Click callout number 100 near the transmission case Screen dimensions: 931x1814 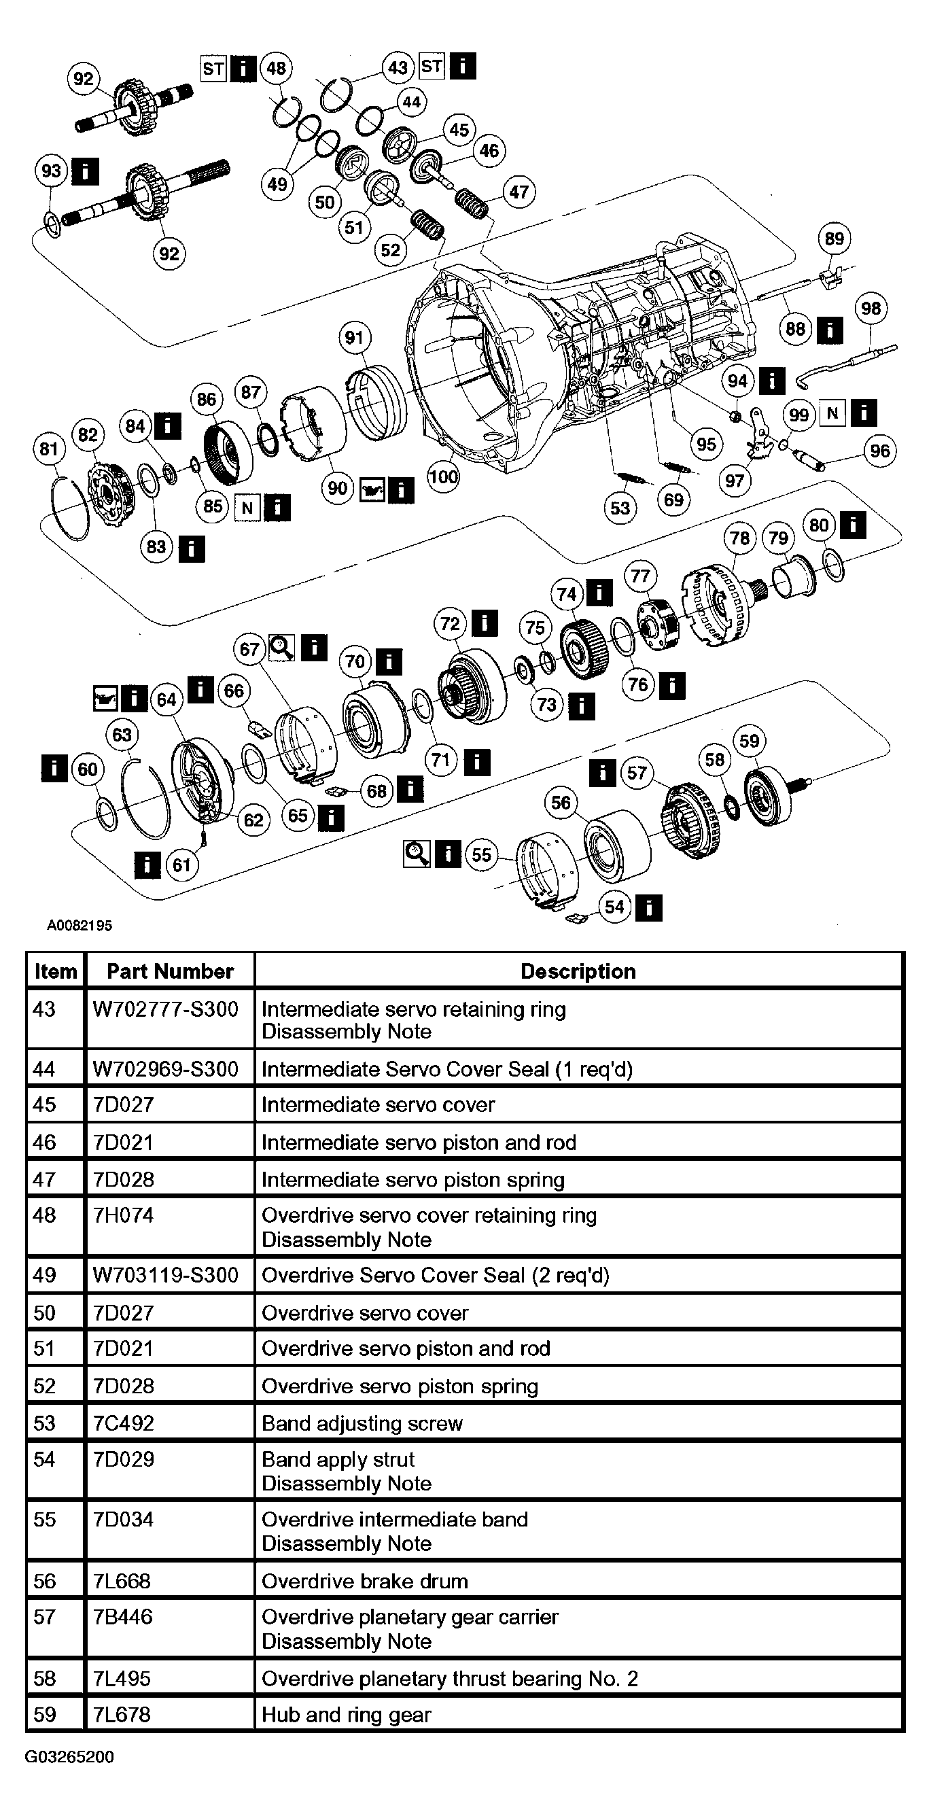[443, 476]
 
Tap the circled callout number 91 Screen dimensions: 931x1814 [354, 338]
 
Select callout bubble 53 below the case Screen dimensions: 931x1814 [620, 508]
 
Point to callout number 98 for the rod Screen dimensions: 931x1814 [871, 309]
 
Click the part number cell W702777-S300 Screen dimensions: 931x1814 [166, 1009]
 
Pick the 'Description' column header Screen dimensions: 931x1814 [578, 971]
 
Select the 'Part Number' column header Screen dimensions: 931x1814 [170, 971]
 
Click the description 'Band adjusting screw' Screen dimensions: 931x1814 [362, 1423]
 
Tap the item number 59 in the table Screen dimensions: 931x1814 [44, 1714]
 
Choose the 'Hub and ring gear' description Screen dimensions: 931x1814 [346, 1714]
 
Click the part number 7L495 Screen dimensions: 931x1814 [122, 1678]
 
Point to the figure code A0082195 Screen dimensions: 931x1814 [79, 925]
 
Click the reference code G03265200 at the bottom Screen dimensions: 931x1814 [69, 1756]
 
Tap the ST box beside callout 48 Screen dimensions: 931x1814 [214, 69]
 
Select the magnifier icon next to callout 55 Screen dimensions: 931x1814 [417, 854]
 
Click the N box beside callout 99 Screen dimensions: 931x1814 [832, 413]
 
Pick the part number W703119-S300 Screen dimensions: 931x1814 [166, 1274]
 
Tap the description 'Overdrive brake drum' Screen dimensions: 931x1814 [365, 1581]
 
